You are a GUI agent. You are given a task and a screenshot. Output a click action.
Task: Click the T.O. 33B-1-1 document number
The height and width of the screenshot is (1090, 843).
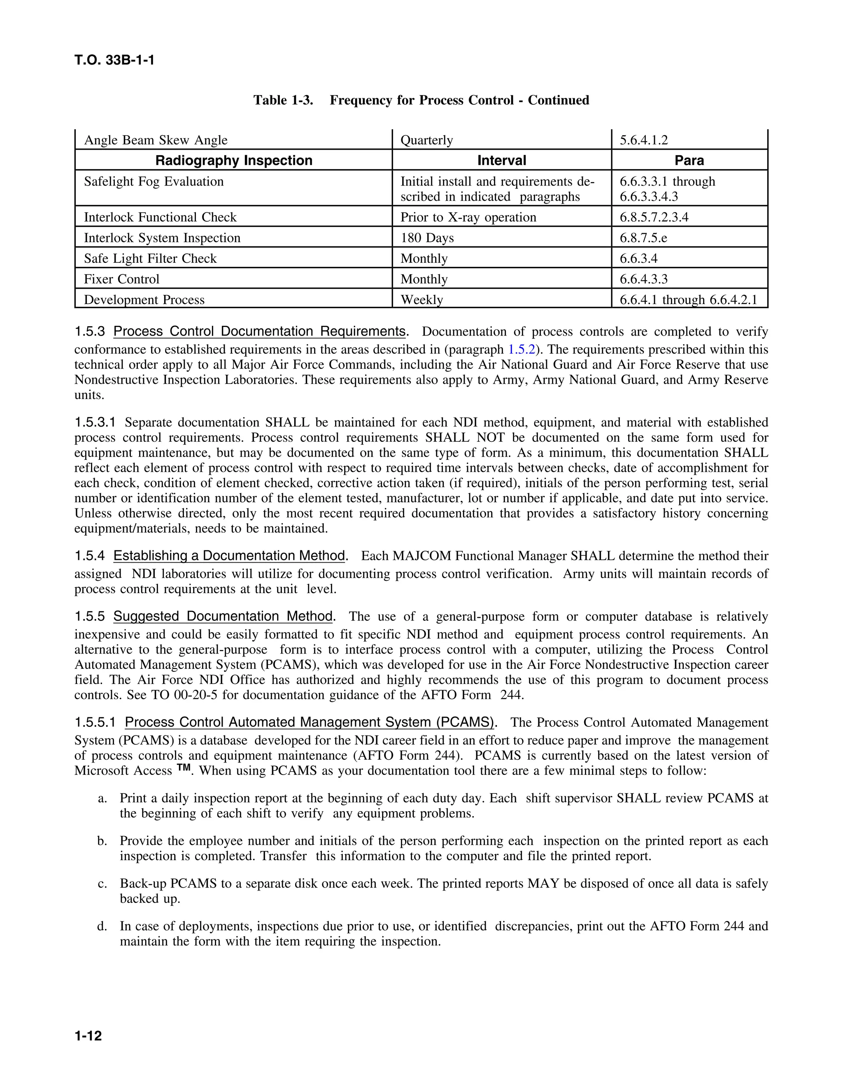click(x=114, y=60)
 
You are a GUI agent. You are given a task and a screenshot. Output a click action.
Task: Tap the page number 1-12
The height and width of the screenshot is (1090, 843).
click(x=88, y=1036)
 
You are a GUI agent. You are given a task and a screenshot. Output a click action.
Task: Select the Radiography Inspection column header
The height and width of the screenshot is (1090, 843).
click(x=234, y=160)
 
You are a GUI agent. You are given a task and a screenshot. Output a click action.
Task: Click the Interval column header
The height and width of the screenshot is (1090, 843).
click(x=501, y=160)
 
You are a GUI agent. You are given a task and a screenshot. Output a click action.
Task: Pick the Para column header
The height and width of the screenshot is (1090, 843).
click(x=689, y=160)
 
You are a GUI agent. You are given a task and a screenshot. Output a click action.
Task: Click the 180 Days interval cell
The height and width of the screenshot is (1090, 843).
click(x=427, y=238)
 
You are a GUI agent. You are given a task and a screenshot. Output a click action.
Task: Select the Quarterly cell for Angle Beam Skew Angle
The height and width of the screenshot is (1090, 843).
click(x=426, y=140)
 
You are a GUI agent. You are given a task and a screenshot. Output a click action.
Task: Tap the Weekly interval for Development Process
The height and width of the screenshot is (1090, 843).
click(x=421, y=299)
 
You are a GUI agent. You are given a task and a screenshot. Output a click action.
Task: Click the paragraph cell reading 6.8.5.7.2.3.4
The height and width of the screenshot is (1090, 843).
click(x=654, y=217)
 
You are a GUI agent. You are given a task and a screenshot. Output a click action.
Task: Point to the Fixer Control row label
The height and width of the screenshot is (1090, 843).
click(x=121, y=279)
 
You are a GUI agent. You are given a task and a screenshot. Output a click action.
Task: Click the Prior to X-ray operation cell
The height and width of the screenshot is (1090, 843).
click(x=468, y=217)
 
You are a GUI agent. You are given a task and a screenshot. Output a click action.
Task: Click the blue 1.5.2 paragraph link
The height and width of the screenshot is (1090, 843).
click(x=522, y=349)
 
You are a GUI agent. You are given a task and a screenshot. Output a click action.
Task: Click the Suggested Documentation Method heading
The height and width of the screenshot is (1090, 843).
click(x=223, y=617)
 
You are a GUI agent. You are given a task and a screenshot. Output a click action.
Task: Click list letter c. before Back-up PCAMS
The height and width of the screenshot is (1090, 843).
click(x=102, y=884)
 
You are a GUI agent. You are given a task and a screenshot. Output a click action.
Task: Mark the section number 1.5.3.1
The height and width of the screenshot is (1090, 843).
click(x=95, y=422)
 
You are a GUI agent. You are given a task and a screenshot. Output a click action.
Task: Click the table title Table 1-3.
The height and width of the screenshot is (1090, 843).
click(x=283, y=100)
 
